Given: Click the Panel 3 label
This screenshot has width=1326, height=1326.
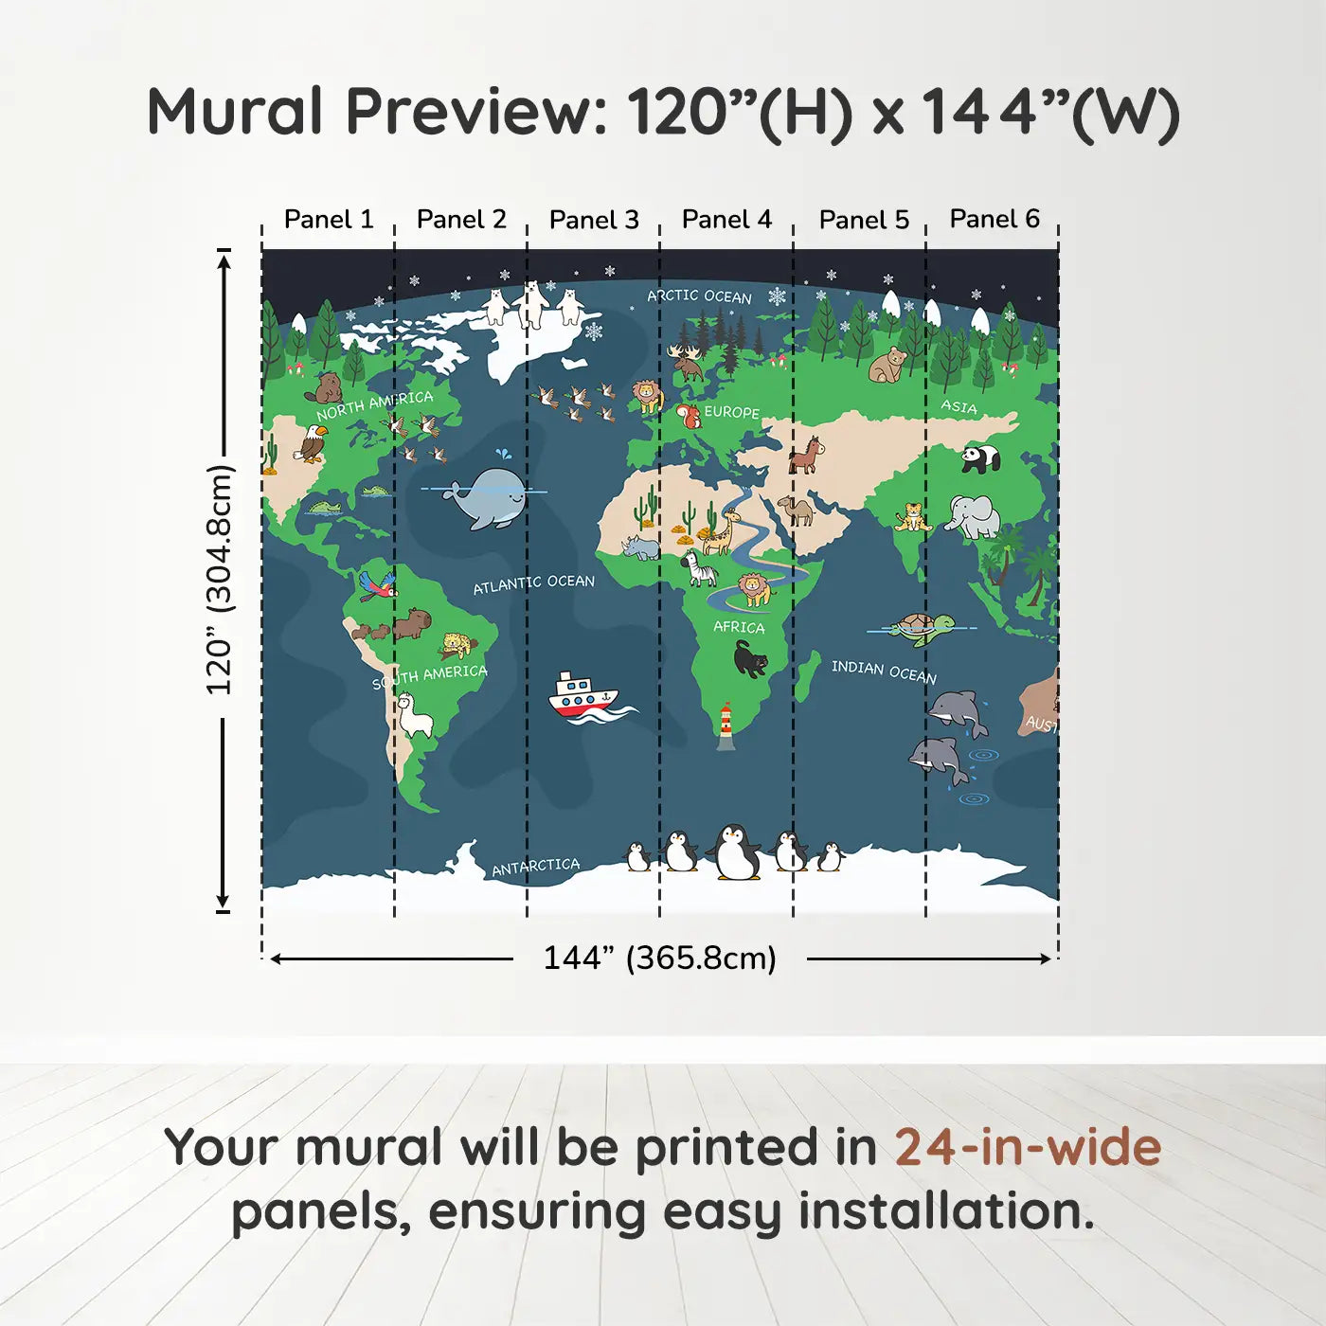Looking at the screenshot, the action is pyautogui.click(x=594, y=220).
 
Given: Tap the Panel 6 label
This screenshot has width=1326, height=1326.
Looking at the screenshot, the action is pyautogui.click(x=994, y=219).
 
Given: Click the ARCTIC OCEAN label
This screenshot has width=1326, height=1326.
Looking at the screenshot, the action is pyautogui.click(x=699, y=296).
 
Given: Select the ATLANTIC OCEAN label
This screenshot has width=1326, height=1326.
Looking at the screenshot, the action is pyautogui.click(x=534, y=583).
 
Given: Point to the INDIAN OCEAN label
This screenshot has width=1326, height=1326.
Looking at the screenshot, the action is pyautogui.click(x=885, y=672).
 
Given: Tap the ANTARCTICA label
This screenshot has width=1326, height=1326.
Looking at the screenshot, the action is pyautogui.click(x=536, y=867).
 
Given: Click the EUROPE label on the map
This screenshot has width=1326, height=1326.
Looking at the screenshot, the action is pyautogui.click(x=732, y=412).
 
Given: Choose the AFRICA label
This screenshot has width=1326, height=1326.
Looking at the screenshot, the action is pyautogui.click(x=739, y=627).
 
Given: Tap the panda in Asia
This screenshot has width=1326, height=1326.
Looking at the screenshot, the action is pyautogui.click(x=980, y=458).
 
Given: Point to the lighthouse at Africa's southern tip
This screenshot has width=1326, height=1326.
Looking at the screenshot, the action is pyautogui.click(x=726, y=726).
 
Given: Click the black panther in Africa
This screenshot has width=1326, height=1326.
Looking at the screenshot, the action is pyautogui.click(x=751, y=658).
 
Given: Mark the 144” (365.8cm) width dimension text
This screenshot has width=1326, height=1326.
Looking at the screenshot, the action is pyautogui.click(x=660, y=958).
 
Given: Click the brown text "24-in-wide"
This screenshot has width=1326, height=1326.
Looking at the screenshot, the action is pyautogui.click(x=1028, y=1147).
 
